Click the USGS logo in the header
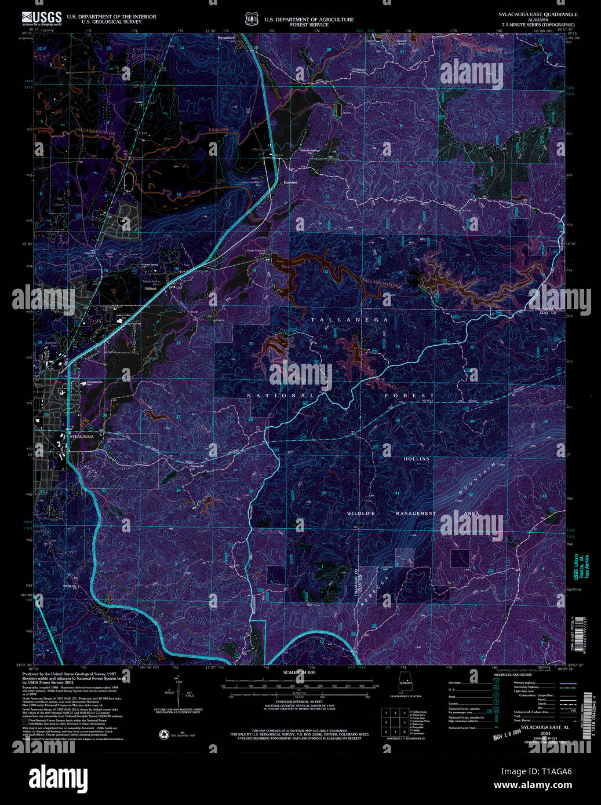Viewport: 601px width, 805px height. point(42,18)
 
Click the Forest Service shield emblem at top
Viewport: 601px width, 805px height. point(251,20)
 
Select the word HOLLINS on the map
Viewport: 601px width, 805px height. point(417,459)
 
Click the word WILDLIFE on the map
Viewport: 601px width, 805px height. point(361,514)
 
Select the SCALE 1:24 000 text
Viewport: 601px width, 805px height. point(299,672)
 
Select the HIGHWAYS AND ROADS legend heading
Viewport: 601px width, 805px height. point(512,675)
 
